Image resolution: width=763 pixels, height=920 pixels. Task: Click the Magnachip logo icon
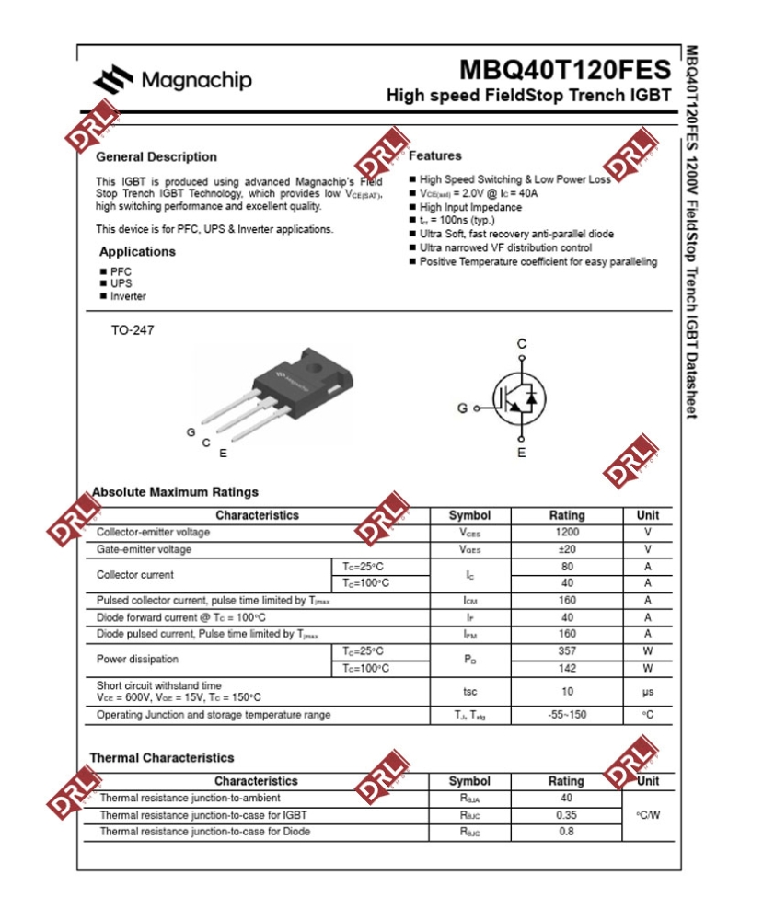pos(113,81)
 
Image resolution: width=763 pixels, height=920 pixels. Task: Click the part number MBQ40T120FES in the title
pos(565,71)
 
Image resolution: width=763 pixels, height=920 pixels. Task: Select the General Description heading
pos(156,157)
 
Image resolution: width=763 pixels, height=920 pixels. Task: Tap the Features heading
pos(435,156)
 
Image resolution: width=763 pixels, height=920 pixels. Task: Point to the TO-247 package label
pos(133,330)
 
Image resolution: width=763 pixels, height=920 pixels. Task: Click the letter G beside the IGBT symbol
pos(462,408)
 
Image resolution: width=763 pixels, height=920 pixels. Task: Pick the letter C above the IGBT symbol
pos(522,344)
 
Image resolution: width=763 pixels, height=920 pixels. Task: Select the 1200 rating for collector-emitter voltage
pos(567,533)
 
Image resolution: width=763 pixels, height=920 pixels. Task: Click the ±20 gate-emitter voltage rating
pos(567,549)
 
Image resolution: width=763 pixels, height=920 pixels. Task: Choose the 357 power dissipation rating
pos(567,651)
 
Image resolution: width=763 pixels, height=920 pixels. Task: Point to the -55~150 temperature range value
pos(567,715)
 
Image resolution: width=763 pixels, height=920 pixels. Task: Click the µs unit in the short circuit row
pos(648,692)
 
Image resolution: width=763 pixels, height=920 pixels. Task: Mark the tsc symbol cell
pos(469,692)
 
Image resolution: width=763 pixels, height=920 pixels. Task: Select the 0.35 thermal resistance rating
pos(566,815)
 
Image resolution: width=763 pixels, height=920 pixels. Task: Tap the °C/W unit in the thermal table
pos(648,815)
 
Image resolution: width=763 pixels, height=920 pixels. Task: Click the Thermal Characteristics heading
pos(162,758)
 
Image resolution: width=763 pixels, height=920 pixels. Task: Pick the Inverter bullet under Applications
pos(128,297)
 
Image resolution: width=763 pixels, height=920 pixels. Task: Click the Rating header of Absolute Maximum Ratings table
pos(567,515)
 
